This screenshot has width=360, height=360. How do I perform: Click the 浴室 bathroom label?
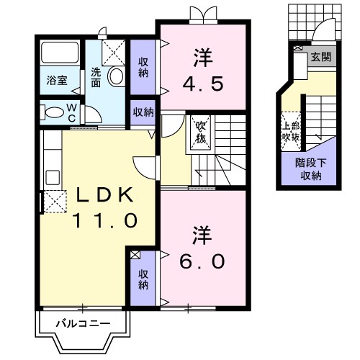click(x=58, y=81)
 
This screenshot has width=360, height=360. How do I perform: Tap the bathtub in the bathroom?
click(x=60, y=54)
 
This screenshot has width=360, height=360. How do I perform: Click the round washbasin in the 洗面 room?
click(x=115, y=77)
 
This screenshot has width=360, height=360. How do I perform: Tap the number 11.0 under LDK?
click(x=103, y=221)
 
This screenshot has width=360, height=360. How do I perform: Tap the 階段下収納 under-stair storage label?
click(x=312, y=169)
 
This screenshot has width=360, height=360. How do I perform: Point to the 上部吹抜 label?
click(x=291, y=130)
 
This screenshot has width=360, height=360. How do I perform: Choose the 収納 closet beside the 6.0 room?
click(x=144, y=279)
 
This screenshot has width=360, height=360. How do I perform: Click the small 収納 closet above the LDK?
click(x=143, y=112)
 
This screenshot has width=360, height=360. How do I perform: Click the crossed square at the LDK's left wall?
click(x=53, y=202)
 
